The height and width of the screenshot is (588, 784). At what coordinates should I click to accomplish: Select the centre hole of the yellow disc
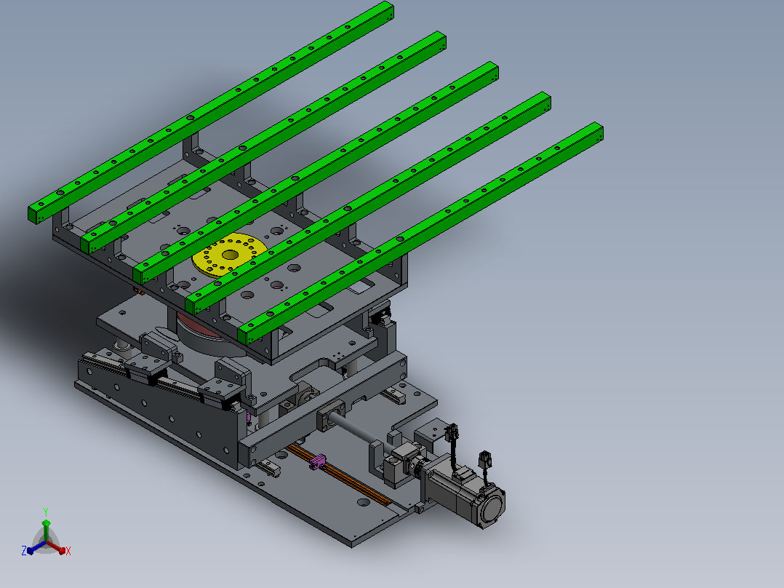coord(230,255)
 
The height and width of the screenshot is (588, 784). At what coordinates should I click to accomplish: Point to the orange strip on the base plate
coord(337,473)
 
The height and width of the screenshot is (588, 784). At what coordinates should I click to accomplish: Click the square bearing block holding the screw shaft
coord(330,415)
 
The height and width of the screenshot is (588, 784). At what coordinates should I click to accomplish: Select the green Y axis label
coord(46,512)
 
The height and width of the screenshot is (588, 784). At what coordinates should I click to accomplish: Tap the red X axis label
coord(68,551)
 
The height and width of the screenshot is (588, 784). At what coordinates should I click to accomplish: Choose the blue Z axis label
coord(24,551)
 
